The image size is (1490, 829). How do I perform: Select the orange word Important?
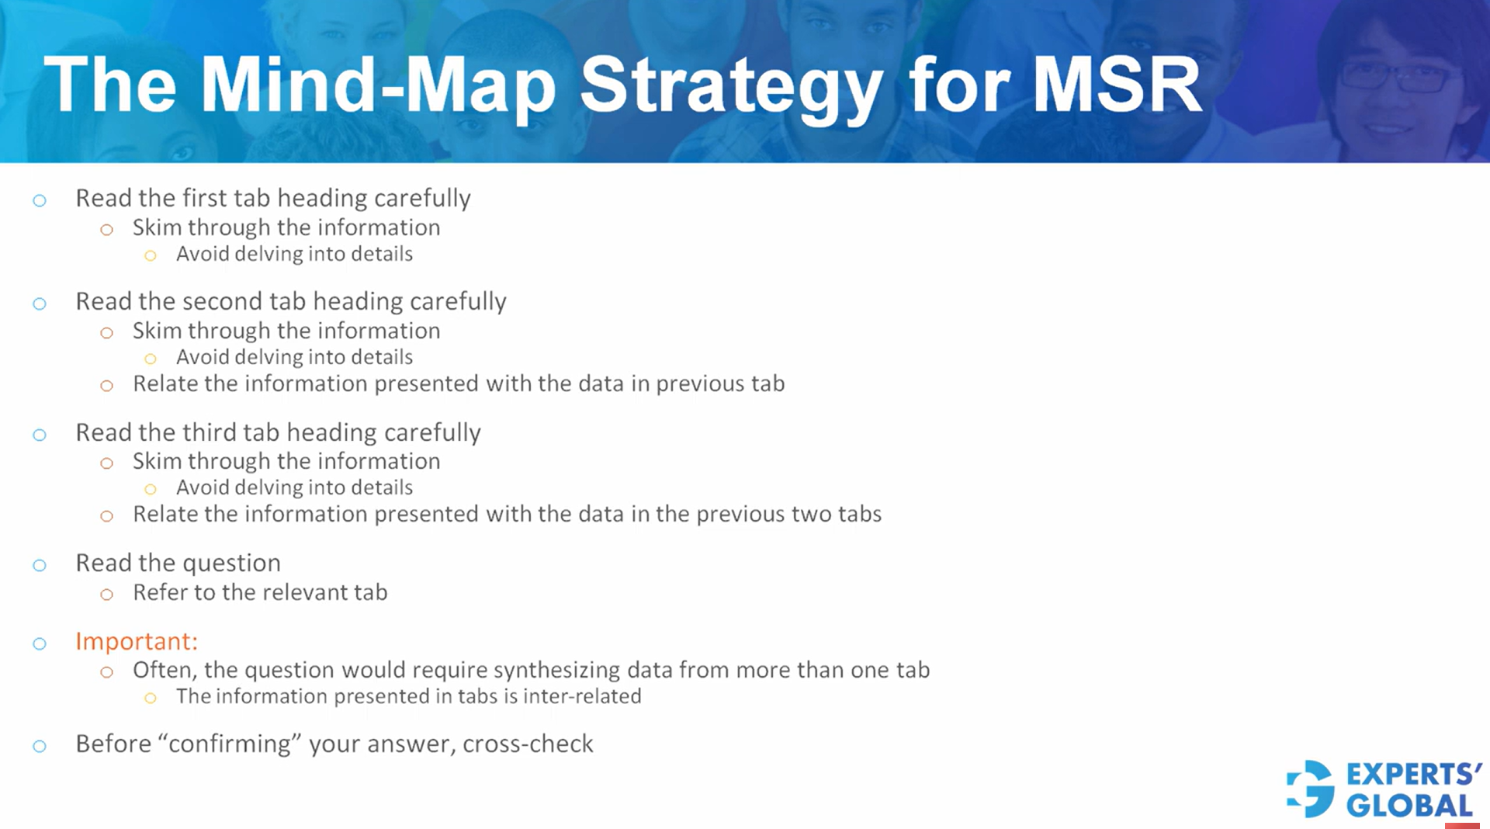[137, 641]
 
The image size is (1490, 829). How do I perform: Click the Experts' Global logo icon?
[1312, 789]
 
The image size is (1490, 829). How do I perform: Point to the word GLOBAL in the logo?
[1409, 806]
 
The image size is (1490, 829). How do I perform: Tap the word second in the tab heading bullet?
[222, 301]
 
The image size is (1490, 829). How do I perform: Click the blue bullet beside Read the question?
[40, 565]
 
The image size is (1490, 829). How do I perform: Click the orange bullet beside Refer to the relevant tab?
[107, 595]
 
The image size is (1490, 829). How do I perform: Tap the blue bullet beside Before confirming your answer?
[40, 746]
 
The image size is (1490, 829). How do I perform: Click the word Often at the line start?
[165, 670]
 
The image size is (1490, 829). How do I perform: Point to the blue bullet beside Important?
[40, 643]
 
